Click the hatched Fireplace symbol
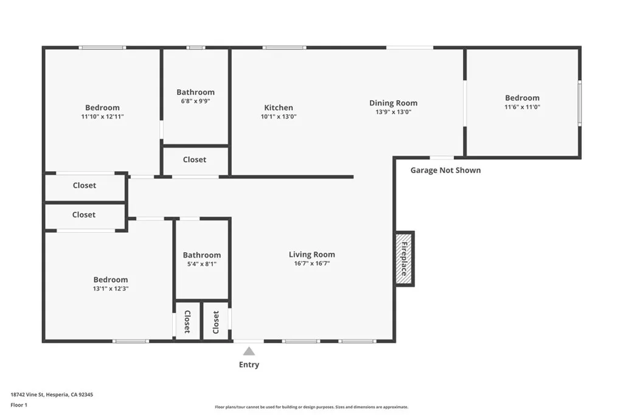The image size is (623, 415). click(405, 258)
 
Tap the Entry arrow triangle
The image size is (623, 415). click(249, 351)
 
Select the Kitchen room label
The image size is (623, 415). click(279, 108)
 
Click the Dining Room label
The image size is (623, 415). click(394, 103)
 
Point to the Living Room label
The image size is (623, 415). click(311, 255)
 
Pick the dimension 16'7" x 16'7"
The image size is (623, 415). click(311, 264)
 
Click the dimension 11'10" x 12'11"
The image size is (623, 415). click(102, 117)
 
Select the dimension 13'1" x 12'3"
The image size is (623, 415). click(111, 289)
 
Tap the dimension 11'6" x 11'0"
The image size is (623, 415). click(522, 107)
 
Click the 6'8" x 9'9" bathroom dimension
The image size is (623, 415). click(195, 101)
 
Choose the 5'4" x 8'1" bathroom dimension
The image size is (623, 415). click(202, 264)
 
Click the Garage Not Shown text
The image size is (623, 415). click(445, 170)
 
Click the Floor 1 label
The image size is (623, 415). click(19, 405)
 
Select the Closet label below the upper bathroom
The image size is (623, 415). click(195, 160)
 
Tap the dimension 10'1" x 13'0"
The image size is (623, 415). click(279, 117)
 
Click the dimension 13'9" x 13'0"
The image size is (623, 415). click(394, 112)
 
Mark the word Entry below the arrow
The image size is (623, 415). click(249, 365)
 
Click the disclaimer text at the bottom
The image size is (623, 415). click(311, 407)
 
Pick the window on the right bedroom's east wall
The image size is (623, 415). click(579, 103)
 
